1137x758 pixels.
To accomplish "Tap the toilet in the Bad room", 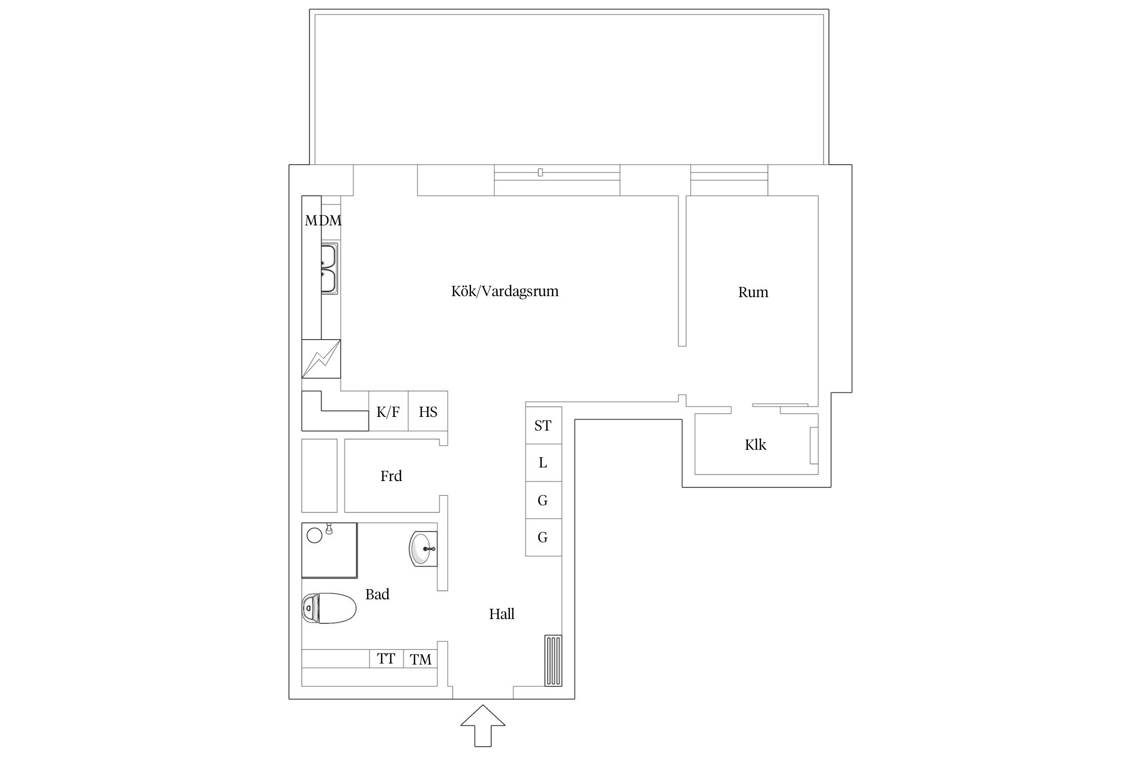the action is (x=329, y=608).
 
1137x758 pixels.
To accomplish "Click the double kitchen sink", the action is (x=329, y=268).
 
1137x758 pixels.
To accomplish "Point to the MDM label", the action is (x=323, y=220).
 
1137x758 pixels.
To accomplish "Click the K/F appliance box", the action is (x=388, y=411).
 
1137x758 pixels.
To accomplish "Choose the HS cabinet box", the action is (x=428, y=411).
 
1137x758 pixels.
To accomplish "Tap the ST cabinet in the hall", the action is (x=543, y=425).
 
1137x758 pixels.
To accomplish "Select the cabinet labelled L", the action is (x=543, y=463).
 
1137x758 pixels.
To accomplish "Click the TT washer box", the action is (x=387, y=659).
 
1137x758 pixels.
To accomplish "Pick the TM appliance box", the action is (x=420, y=659).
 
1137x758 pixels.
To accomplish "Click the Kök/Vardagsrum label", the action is (x=505, y=292).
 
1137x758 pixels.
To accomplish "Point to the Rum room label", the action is (x=753, y=292).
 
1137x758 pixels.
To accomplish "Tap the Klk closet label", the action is (x=755, y=445).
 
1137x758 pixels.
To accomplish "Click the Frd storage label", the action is (x=391, y=476).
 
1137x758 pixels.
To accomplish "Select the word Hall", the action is (x=502, y=614).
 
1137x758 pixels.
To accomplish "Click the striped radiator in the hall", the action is (x=553, y=660).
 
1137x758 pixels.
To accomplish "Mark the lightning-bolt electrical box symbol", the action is (x=321, y=359).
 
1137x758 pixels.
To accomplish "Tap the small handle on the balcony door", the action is (x=540, y=173).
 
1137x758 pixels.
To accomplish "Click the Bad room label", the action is (x=377, y=594).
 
